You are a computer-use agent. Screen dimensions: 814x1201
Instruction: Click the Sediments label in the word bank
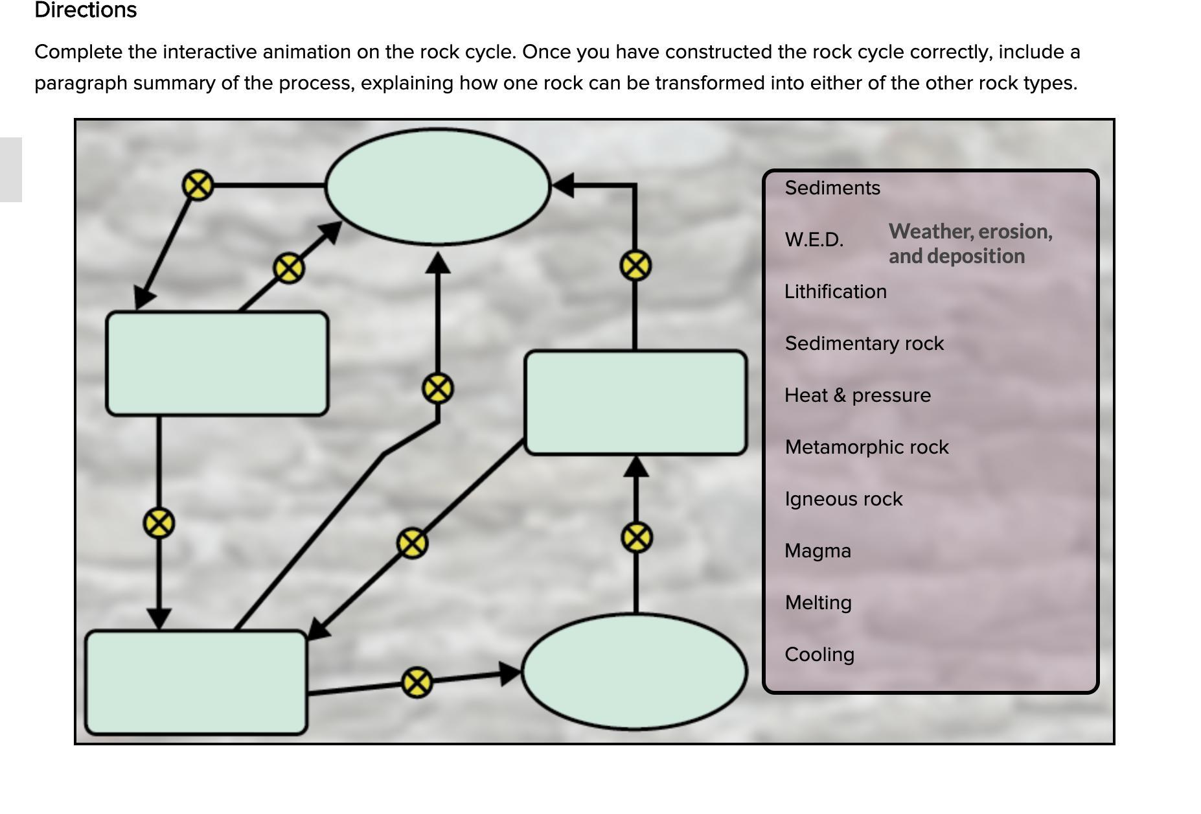(x=832, y=188)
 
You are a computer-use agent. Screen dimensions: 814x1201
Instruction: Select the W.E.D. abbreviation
(x=814, y=240)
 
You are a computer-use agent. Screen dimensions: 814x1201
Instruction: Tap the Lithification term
(x=835, y=292)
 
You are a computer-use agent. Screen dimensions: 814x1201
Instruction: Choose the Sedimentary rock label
(x=864, y=343)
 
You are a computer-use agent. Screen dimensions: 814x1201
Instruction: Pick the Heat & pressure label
(x=857, y=395)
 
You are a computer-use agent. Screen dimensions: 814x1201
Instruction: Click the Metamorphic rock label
(x=866, y=447)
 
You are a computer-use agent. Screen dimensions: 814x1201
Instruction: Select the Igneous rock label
(x=843, y=499)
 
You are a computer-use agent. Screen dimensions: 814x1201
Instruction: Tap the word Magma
(x=818, y=551)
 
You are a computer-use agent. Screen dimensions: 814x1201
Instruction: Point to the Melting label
(x=818, y=603)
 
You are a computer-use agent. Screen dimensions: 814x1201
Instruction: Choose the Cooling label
(x=819, y=655)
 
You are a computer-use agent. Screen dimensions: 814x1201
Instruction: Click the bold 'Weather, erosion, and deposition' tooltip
(x=970, y=244)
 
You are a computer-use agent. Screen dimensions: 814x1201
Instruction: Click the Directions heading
(x=86, y=10)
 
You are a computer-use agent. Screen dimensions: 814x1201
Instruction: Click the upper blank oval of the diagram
(x=438, y=187)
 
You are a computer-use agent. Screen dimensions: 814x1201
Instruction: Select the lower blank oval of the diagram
(x=635, y=672)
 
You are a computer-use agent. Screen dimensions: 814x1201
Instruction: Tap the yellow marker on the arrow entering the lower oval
(x=417, y=682)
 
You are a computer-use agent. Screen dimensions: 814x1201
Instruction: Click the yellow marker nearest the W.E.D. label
(x=635, y=266)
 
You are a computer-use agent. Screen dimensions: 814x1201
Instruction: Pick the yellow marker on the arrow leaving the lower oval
(x=636, y=538)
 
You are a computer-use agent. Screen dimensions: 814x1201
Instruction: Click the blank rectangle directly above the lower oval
(x=635, y=402)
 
